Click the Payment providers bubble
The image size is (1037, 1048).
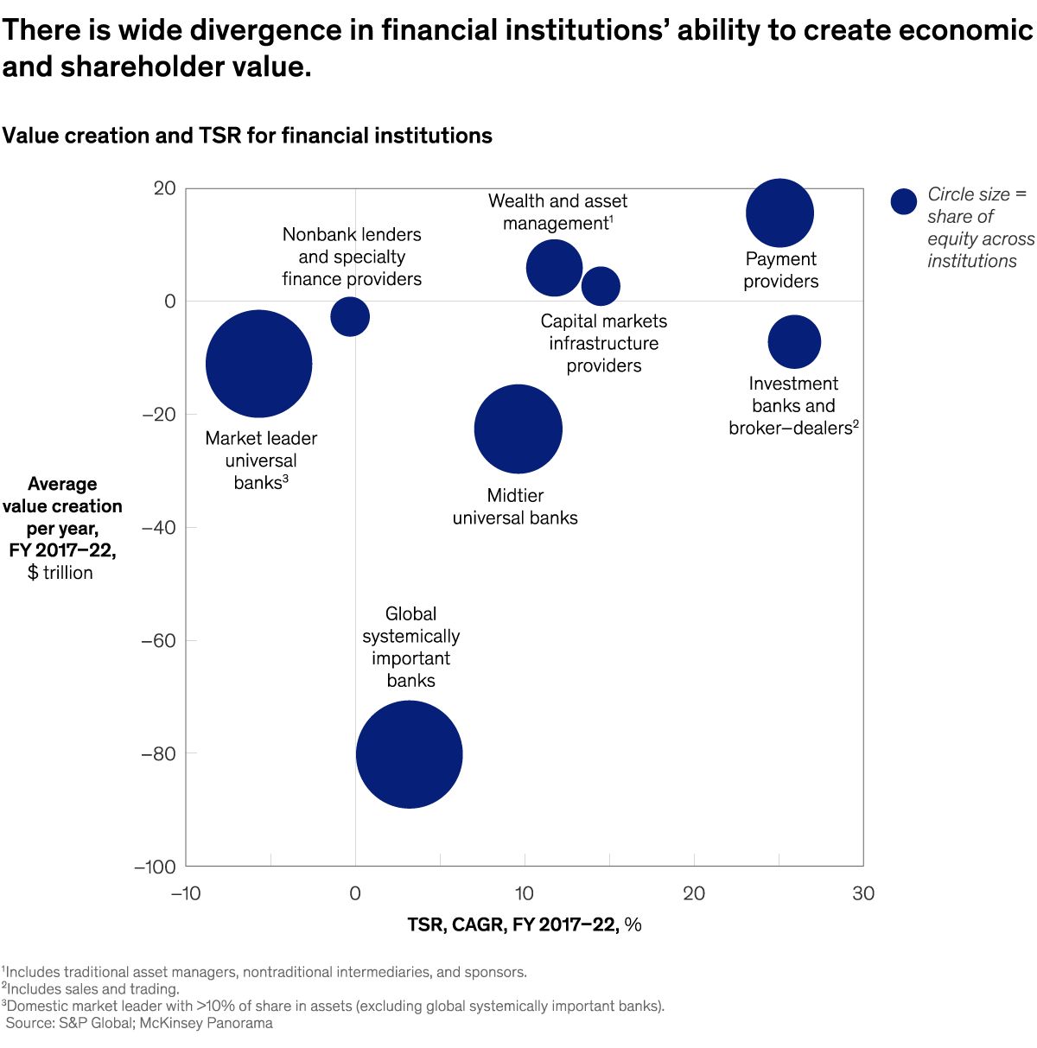tap(779, 213)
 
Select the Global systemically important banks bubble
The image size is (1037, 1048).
tap(410, 754)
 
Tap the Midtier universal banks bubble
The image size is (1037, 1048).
tap(518, 429)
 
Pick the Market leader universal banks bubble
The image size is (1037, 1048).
tap(258, 364)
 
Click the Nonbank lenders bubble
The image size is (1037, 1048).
tap(350, 316)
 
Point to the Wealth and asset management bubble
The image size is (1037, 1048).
tap(554, 269)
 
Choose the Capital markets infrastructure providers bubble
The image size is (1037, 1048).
tap(601, 286)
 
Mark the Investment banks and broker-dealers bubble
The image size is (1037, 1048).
tap(794, 342)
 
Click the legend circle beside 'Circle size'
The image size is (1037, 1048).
tap(903, 201)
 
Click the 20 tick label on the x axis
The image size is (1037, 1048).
tap(694, 893)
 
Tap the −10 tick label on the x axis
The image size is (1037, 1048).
tap(185, 893)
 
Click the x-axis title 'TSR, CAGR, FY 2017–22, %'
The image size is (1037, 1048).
tap(525, 924)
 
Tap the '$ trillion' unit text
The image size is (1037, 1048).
tap(60, 573)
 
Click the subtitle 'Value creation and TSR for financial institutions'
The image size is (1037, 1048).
tap(247, 136)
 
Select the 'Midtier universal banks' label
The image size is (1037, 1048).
tap(515, 506)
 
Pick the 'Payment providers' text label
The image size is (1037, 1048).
tap(781, 270)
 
